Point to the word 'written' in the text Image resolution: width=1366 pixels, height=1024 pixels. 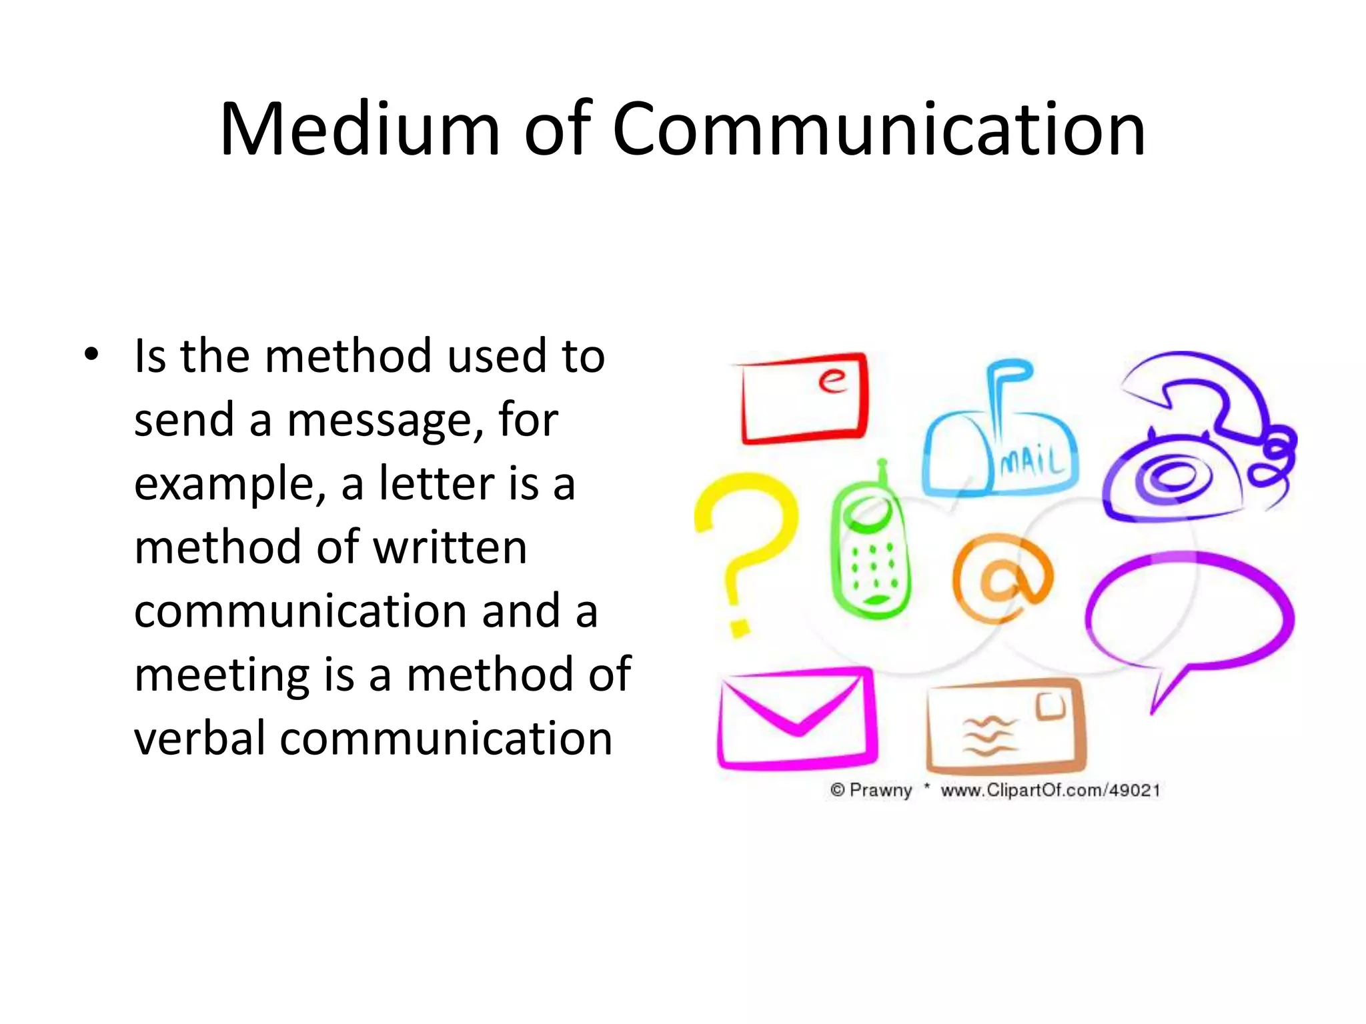pyautogui.click(x=450, y=547)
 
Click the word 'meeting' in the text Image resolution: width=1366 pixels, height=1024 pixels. pyautogui.click(x=222, y=675)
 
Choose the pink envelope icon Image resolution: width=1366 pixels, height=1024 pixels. pyautogui.click(x=797, y=719)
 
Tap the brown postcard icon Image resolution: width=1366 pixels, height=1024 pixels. pyautogui.click(x=1006, y=727)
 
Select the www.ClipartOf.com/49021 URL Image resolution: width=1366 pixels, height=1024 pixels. pyautogui.click(x=1051, y=791)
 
